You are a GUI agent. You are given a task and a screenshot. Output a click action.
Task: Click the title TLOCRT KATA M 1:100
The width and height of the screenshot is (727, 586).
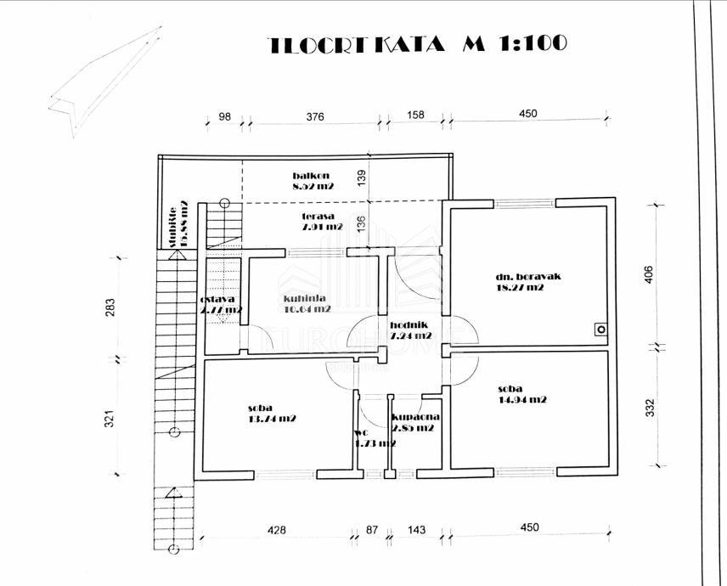[x=417, y=44]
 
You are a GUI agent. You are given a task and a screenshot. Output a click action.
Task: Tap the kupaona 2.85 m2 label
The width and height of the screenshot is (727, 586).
[x=414, y=422]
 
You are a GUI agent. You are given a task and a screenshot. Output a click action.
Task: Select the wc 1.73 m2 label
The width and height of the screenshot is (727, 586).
[x=374, y=438]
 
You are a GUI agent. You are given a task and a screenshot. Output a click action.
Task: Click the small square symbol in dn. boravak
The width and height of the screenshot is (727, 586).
[x=600, y=329]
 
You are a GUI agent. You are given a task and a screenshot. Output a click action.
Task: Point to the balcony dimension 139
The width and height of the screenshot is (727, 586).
[x=362, y=177]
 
